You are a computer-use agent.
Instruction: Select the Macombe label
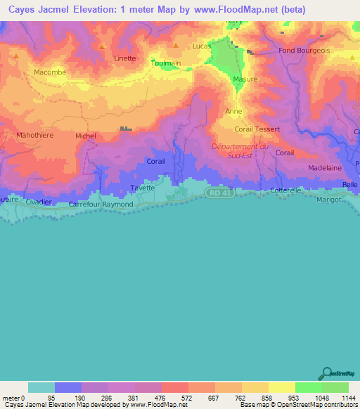point(49,72)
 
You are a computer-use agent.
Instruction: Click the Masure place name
point(245,79)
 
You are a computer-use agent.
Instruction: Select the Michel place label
point(85,136)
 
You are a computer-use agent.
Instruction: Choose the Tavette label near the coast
point(143,188)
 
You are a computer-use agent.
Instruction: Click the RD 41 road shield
point(218,193)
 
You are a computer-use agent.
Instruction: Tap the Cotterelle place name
point(286,190)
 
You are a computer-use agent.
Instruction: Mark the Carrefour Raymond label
point(101,204)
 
